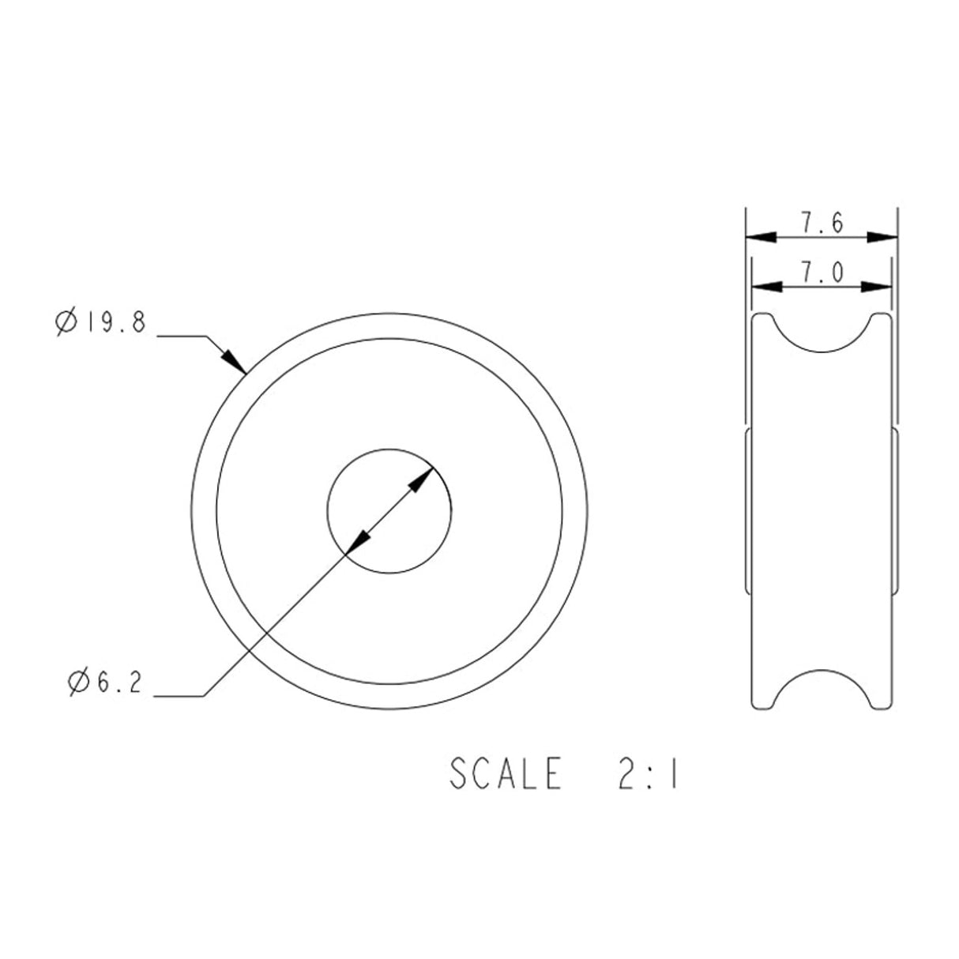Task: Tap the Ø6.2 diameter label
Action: pyautogui.click(x=105, y=682)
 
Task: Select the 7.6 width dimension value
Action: pyautogui.click(x=822, y=224)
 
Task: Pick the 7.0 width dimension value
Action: pyautogui.click(x=822, y=273)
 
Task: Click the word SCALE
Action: pyautogui.click(x=506, y=774)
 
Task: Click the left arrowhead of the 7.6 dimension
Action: pyautogui.click(x=760, y=236)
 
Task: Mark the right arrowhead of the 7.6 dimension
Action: pyautogui.click(x=882, y=236)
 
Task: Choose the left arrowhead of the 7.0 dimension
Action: pyautogui.click(x=765, y=286)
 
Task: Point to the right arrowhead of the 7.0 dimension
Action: pyautogui.click(x=878, y=286)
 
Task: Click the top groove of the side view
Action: pyautogui.click(x=822, y=336)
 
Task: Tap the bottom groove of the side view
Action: pyautogui.click(x=822, y=686)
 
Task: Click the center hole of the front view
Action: pyautogui.click(x=389, y=510)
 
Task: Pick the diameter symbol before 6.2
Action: pyautogui.click(x=79, y=682)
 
